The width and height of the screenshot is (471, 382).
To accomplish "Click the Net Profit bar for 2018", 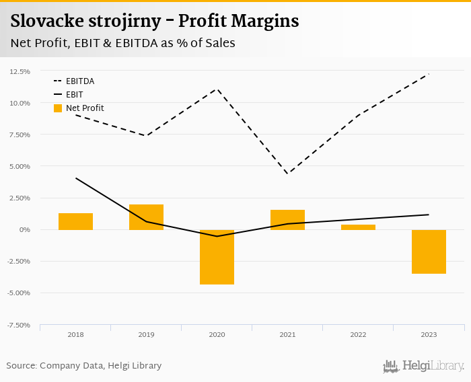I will [x=75, y=221].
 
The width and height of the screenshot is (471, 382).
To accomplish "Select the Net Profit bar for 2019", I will [x=146, y=217].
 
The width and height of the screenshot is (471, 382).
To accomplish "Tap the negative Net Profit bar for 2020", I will [x=217, y=257].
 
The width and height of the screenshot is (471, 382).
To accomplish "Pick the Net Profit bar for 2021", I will [x=287, y=220].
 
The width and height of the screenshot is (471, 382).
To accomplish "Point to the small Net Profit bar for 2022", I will [x=358, y=227].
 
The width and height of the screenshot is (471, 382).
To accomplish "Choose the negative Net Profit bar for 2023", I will [x=429, y=252].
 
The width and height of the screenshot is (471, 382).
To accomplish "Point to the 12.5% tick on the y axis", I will [x=20, y=71].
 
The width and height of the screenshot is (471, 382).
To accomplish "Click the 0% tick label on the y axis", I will [x=26, y=230].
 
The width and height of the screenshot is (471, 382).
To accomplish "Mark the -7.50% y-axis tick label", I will [x=19, y=325].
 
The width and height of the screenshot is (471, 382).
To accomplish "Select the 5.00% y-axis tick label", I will [x=20, y=166].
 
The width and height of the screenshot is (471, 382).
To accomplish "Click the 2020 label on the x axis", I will [x=217, y=334].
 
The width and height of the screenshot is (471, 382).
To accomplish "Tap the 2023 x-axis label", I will [x=429, y=334].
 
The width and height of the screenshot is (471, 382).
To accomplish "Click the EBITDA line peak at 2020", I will [x=217, y=89].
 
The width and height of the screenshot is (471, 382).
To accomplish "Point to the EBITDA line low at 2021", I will [x=287, y=174].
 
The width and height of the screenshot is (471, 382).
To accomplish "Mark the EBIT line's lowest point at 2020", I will [x=217, y=236].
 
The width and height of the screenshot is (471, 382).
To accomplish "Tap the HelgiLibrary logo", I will [x=423, y=366].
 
